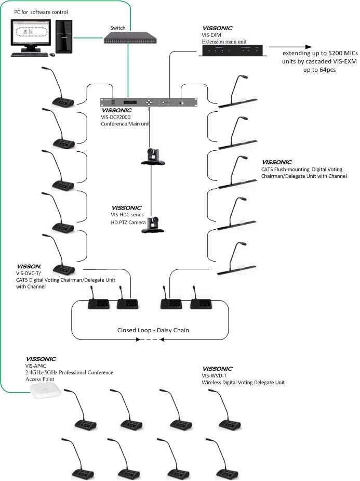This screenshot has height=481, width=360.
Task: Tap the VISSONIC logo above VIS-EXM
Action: coord(217,28)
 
